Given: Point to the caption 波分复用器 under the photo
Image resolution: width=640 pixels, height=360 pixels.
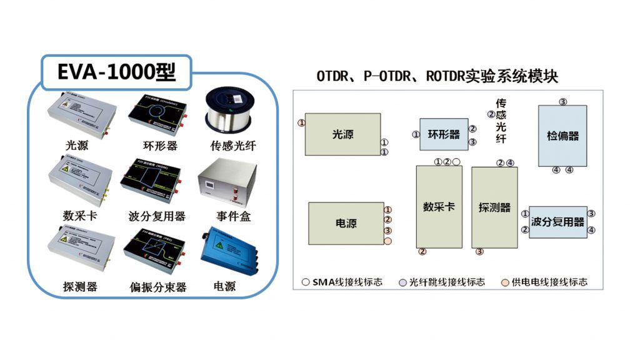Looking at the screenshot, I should (x=157, y=216).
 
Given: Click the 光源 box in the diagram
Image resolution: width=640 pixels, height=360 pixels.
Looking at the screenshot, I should (x=342, y=134).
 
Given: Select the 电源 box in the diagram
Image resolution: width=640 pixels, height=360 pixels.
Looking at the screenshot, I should (x=346, y=223).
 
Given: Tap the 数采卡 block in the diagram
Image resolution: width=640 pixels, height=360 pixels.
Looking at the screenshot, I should (x=439, y=207).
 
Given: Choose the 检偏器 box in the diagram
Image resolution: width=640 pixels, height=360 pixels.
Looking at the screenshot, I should (x=562, y=136).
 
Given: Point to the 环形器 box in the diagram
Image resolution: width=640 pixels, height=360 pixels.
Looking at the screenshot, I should (x=444, y=134).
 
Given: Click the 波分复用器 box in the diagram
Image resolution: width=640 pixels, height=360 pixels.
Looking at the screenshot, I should (x=557, y=222).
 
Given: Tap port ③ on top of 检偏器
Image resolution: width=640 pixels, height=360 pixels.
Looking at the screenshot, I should (x=562, y=101).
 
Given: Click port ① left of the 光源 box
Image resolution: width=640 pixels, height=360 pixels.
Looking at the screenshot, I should (x=302, y=123).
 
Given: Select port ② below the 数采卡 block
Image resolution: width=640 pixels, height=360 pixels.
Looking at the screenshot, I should (x=422, y=252).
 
